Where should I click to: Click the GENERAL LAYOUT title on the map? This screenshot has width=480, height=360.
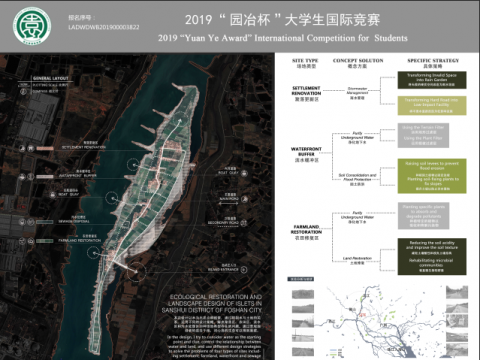[51, 76]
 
